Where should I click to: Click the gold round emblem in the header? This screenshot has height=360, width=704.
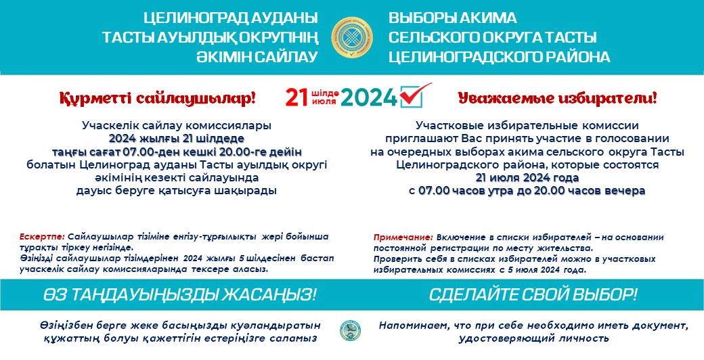click(352, 37)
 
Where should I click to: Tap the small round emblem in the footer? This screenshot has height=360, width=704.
click(350, 330)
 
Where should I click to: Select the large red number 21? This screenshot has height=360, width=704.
click(297, 97)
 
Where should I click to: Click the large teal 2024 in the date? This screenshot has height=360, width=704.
click(369, 97)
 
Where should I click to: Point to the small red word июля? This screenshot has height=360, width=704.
click(324, 102)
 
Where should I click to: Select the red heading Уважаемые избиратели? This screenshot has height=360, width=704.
click(557, 97)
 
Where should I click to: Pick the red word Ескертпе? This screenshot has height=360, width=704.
click(43, 236)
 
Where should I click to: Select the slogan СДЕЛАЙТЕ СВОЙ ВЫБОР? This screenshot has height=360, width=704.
click(533, 295)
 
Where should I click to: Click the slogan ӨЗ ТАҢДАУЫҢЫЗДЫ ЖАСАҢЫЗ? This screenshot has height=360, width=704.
click(180, 295)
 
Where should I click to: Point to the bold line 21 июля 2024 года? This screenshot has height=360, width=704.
click(527, 178)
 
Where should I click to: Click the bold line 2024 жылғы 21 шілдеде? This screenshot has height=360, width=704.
click(177, 138)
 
